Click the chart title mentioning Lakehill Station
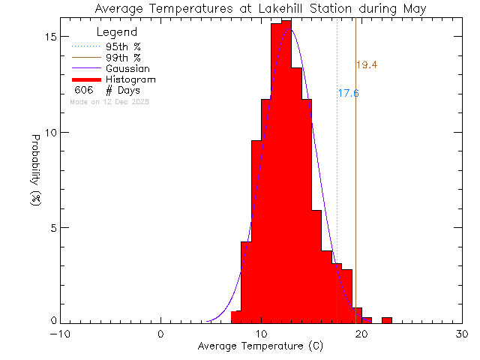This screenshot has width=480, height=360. click(260, 9)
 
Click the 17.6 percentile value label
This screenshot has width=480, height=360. click(348, 94)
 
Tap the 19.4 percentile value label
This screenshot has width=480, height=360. click(366, 65)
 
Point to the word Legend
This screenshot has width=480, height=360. click(118, 32)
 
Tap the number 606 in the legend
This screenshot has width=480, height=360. click(83, 90)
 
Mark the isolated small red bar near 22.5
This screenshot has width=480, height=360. click(387, 319)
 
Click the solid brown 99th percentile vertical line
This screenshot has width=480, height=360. click(355, 187)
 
